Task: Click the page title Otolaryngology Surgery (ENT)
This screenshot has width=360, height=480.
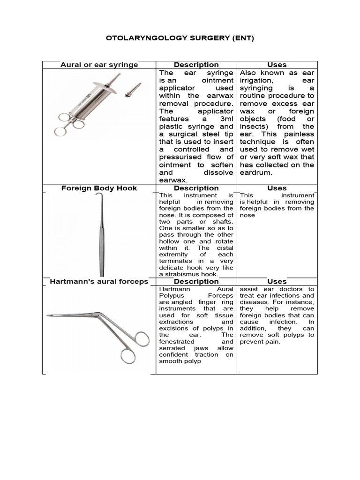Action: tap(180, 38)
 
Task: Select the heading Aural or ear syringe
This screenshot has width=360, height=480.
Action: tap(99, 65)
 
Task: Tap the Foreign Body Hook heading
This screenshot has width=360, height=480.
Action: tap(99, 188)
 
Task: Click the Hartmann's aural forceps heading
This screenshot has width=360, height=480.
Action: tap(99, 281)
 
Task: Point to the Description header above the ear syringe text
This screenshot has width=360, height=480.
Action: tap(196, 65)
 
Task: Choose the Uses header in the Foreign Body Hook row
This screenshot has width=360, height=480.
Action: tap(277, 188)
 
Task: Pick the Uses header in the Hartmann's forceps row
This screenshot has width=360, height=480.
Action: tap(277, 281)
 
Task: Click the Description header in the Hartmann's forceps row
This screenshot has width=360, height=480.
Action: tap(196, 281)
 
